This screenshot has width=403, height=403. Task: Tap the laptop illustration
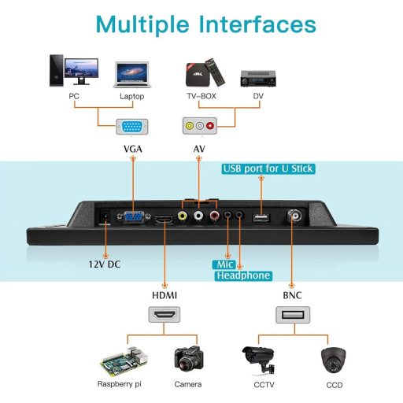131,75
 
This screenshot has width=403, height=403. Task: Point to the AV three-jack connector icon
199,125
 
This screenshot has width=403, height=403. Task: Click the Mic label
222,264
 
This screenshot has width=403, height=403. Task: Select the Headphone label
243,275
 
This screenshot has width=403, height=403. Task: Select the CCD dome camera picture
335,360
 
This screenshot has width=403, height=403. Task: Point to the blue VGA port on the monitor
131,219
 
